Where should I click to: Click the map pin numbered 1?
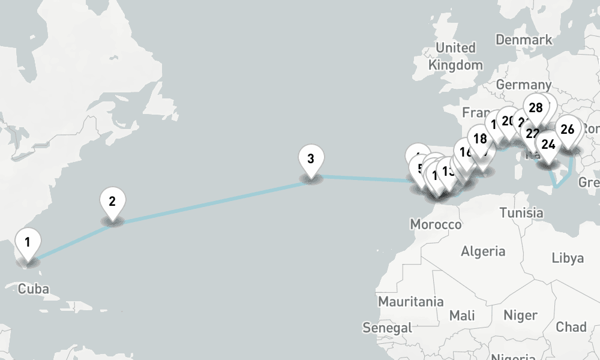pyautogui.click(x=27, y=243)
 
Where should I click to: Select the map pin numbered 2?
pyautogui.click(x=112, y=202)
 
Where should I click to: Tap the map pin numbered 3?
pyautogui.click(x=311, y=160)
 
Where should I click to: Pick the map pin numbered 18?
pyautogui.click(x=480, y=140)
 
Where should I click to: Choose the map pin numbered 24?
pyautogui.click(x=548, y=145)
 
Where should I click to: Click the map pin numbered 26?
pyautogui.click(x=568, y=129)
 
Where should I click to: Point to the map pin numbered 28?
pyautogui.click(x=536, y=109)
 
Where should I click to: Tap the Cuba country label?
pyautogui.click(x=34, y=289)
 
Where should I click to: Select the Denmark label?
pyautogui.click(x=524, y=40)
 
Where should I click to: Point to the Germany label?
pyautogui.click(x=523, y=85)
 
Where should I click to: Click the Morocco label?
pyautogui.click(x=436, y=224)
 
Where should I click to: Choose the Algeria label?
pyautogui.click(x=483, y=251)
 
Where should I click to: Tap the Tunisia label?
pyautogui.click(x=521, y=212)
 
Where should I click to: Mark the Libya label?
pyautogui.click(x=568, y=258)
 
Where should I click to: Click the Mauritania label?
pyautogui.click(x=411, y=301)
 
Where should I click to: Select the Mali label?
pyautogui.click(x=462, y=315)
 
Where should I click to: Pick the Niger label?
pyautogui.click(x=520, y=315)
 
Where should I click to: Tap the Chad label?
pyautogui.click(x=571, y=327)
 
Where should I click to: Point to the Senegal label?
pyautogui.click(x=388, y=328)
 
